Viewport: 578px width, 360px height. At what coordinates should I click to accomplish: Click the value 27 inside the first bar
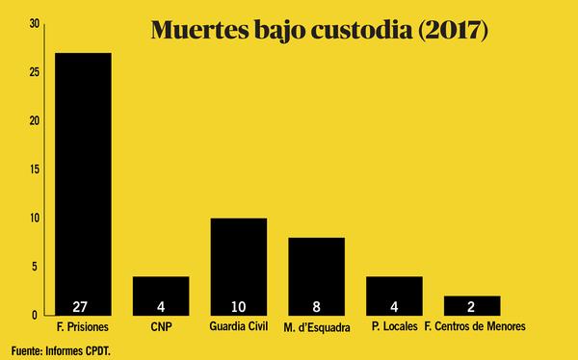[x=83, y=307]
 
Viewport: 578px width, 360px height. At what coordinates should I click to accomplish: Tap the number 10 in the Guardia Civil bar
[x=239, y=307]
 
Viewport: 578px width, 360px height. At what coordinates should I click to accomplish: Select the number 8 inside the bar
[x=317, y=307]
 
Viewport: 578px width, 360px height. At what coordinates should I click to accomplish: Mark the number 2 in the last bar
[x=472, y=307]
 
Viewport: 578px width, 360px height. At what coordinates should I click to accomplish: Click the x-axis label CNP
[x=161, y=327]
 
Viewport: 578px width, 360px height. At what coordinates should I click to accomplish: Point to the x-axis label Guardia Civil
[x=239, y=327]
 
